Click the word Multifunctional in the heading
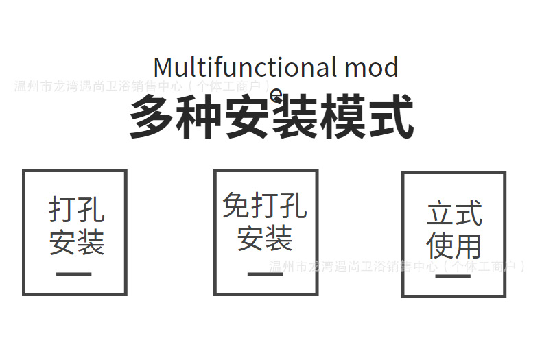tap(244, 67)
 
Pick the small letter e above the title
tap(276, 94)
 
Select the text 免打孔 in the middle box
tap(265, 205)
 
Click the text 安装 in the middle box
tap(265, 237)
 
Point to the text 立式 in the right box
tap(454, 213)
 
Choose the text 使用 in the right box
tap(453, 245)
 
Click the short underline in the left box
tap(74, 274)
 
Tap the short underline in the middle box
tap(265, 274)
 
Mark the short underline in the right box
tap(453, 276)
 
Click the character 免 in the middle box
tap(236, 205)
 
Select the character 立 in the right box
tap(440, 213)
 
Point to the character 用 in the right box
tap(468, 245)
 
